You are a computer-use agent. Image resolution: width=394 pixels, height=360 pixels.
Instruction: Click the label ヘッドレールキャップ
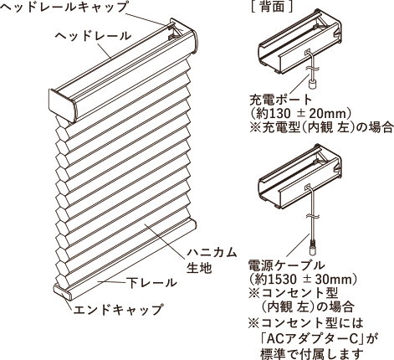coord(64,7)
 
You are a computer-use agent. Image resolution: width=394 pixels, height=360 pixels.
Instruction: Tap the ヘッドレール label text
coord(93,36)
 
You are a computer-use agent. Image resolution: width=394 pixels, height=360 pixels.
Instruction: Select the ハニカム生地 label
coord(212,260)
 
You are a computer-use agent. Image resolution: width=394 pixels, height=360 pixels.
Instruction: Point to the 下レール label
coord(152,283)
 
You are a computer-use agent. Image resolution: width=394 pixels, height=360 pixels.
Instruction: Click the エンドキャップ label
coord(118,309)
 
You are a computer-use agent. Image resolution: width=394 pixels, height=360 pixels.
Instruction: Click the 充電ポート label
coord(280,99)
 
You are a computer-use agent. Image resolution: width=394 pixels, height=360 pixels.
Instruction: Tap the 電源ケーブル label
coord(287,265)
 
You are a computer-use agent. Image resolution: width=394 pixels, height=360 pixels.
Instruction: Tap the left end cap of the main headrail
coord(63,105)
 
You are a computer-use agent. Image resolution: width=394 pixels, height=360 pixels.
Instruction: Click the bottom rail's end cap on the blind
coord(63,291)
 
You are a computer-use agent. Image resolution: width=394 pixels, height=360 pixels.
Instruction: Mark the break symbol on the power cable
coord(312,216)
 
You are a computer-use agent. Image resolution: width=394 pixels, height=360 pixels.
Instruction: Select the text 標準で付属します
coord(312,354)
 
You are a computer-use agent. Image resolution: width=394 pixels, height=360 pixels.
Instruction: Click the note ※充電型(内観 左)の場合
coord(321,128)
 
